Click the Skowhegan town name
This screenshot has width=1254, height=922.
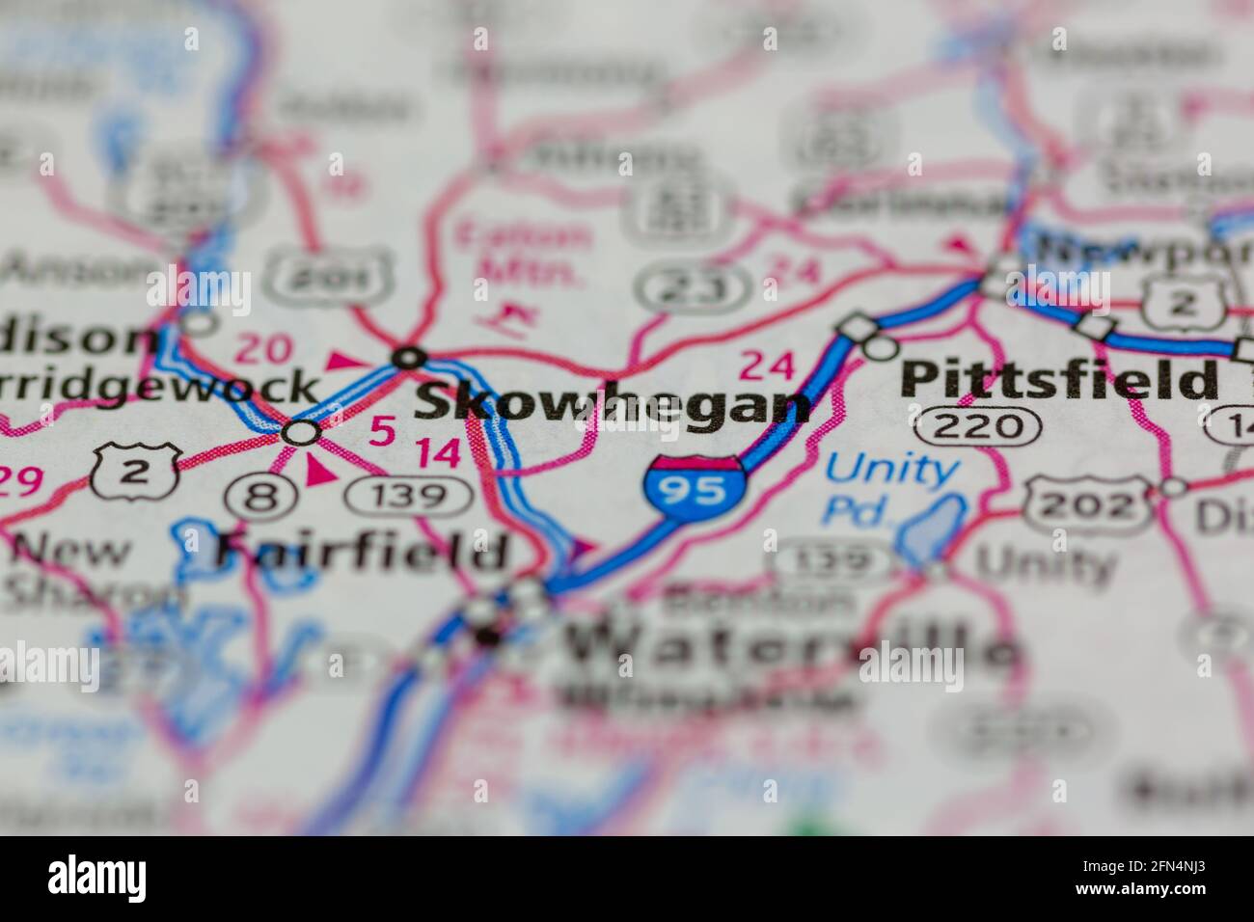click(612, 405)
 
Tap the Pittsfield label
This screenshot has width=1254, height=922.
click(1058, 380)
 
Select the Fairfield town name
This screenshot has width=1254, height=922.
click(361, 552)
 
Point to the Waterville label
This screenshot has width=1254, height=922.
click(791, 644)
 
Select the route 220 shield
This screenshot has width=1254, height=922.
click(978, 424)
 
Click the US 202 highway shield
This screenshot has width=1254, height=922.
click(1088, 502)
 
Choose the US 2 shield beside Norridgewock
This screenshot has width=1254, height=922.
click(135, 471)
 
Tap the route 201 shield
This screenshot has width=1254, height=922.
click(330, 277)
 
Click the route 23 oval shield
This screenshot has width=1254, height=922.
click(693, 286)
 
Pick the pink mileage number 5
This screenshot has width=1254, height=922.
click(381, 432)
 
